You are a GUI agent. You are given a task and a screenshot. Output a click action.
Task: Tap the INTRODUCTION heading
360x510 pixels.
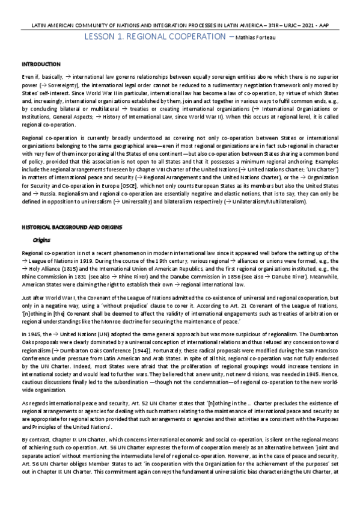tap(41, 64)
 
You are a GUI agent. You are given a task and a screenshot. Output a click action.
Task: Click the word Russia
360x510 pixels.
tap(44, 194)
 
